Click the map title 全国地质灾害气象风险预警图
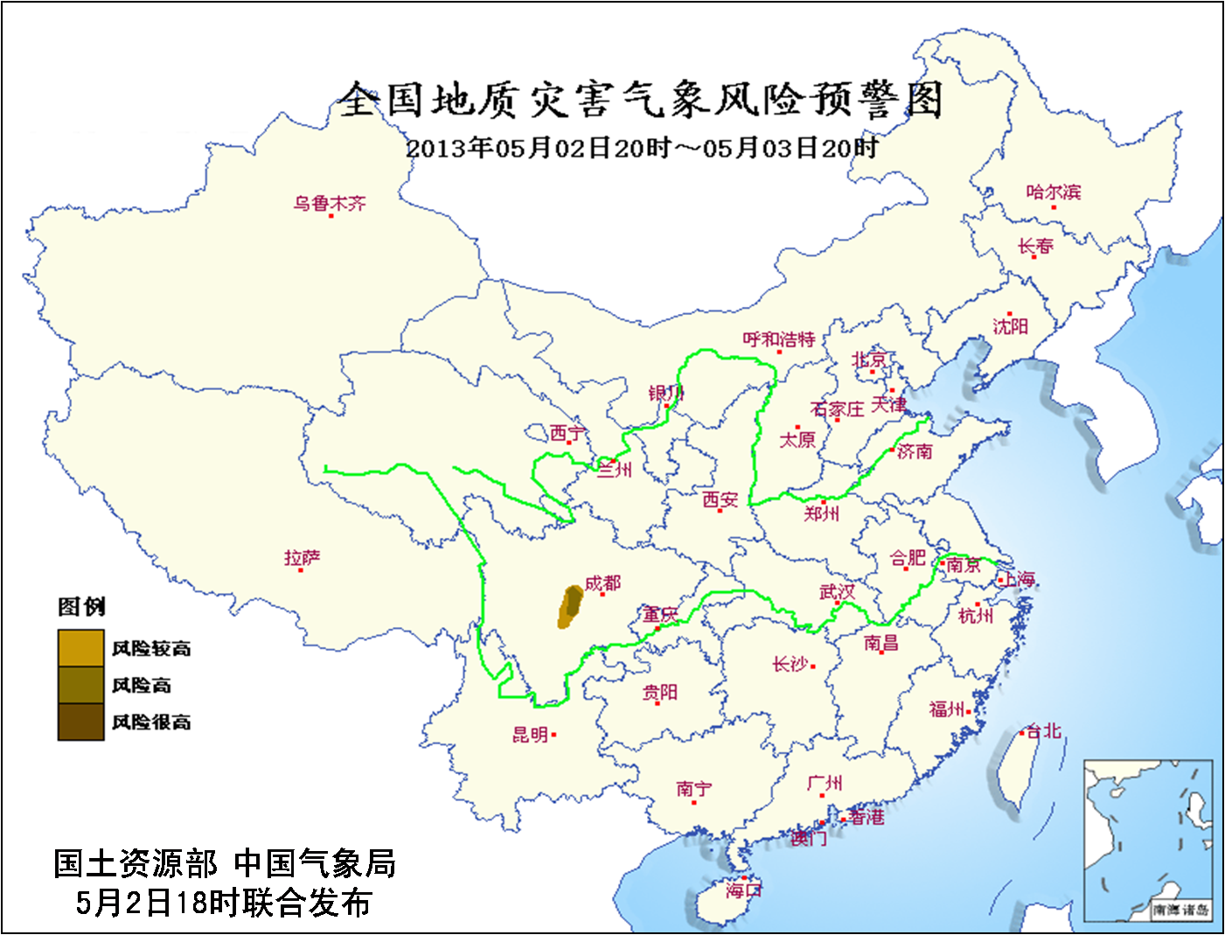click(641, 99)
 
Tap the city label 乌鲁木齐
click(330, 203)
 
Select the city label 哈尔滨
click(1053, 192)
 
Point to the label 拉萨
click(303, 557)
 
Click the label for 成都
click(603, 583)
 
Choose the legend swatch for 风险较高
click(81, 647)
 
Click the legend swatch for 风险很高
click(81, 722)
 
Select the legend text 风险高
click(142, 685)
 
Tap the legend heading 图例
click(81, 606)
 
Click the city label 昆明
click(530, 735)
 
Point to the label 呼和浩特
click(778, 339)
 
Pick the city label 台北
click(1043, 730)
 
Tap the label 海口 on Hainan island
click(743, 890)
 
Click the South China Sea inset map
click(1148, 840)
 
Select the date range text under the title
click(641, 147)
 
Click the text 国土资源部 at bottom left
click(136, 863)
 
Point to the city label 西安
click(720, 499)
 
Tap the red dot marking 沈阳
click(1009, 313)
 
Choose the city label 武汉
click(837, 592)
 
